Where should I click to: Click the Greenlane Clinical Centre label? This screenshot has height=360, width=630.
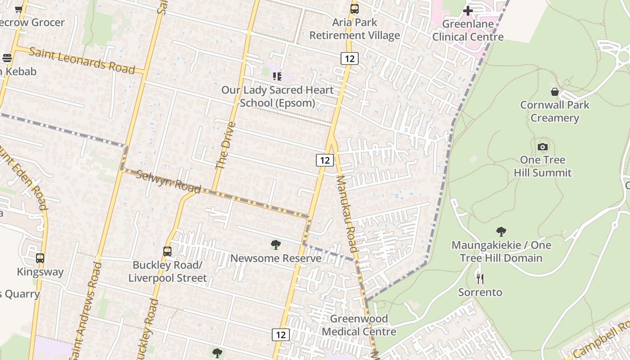[x=468, y=30]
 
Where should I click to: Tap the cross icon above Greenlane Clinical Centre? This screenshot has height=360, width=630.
[x=468, y=10]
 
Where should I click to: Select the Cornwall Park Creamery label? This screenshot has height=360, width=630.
[x=554, y=111]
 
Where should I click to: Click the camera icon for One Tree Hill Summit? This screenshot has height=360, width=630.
[x=543, y=147]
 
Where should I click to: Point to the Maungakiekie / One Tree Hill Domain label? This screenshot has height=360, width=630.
[x=501, y=252]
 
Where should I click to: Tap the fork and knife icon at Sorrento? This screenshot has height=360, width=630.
[x=480, y=279]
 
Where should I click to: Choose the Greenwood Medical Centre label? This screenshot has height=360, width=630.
[x=359, y=325]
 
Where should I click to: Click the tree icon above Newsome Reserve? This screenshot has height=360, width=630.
[x=276, y=245]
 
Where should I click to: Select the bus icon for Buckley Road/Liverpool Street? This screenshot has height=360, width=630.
[x=167, y=252]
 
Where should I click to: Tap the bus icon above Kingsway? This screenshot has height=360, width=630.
[x=40, y=258]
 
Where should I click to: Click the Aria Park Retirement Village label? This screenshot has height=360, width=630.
[x=355, y=29]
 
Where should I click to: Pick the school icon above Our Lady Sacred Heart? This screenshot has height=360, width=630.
[x=277, y=76]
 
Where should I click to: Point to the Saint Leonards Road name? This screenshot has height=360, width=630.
[x=82, y=60]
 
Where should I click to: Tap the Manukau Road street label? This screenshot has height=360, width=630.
[x=346, y=213]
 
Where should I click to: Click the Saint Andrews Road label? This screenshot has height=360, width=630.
[x=85, y=310]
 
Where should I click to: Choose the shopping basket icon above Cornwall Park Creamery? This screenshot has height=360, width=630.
[x=555, y=92]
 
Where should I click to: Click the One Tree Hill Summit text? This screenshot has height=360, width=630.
[x=542, y=166]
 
